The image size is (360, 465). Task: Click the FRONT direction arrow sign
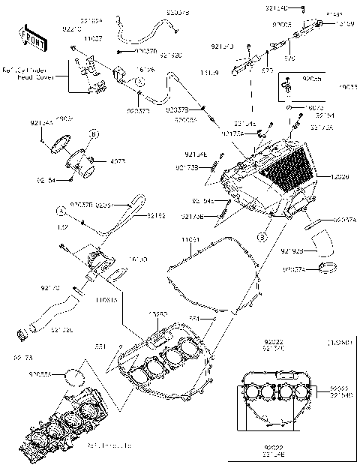tap(27, 35)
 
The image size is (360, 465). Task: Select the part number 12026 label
tap(340, 177)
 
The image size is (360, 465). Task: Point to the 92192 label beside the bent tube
tap(156, 215)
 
